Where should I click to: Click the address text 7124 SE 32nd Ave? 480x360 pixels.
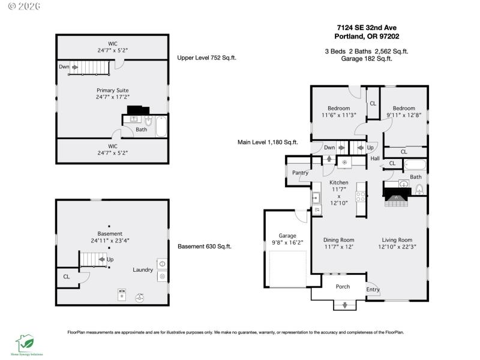point(367,27)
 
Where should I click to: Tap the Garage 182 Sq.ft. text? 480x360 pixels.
point(367,59)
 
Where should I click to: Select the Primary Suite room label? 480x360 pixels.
point(112,90)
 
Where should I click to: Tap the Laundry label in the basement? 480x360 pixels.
point(143,270)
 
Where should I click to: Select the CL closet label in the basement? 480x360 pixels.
point(66,277)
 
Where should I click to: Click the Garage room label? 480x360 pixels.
point(287,235)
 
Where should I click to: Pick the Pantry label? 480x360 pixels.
point(300,173)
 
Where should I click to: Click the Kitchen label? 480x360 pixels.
point(338,182)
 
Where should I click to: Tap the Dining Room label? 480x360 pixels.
point(339,239)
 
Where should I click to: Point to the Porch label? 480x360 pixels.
point(343,286)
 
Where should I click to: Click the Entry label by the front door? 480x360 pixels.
point(373,290)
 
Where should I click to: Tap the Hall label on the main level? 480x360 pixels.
point(375,158)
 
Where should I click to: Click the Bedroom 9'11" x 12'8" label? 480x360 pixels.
point(404,112)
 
